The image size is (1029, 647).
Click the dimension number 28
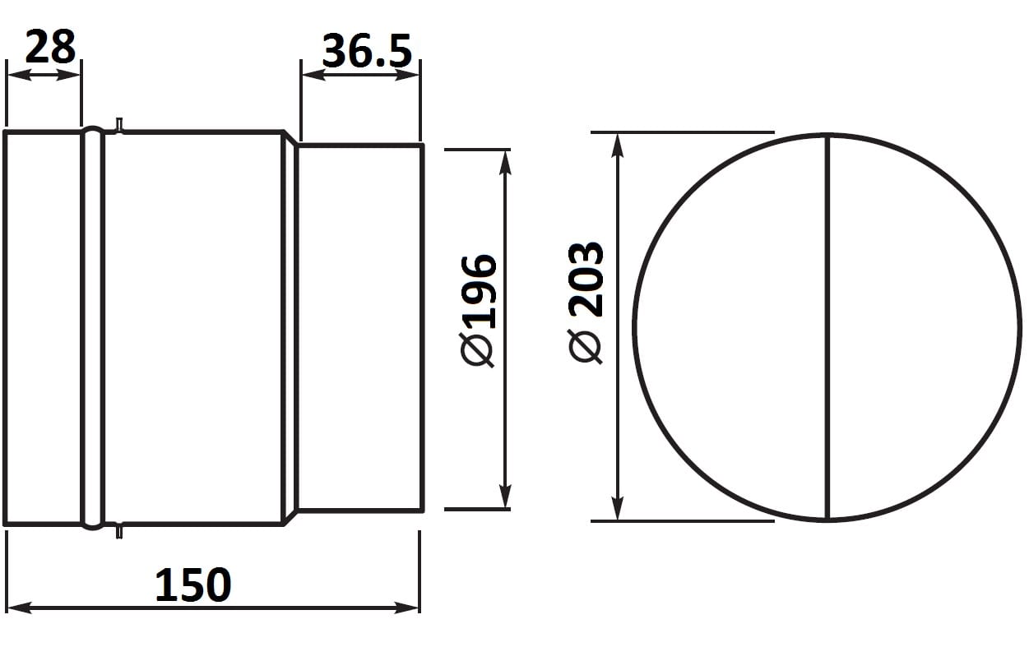[x=50, y=47]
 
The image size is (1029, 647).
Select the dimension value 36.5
[x=367, y=51]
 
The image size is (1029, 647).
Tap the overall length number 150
[x=193, y=585]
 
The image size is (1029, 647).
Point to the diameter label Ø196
[x=478, y=311]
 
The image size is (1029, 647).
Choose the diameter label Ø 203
[x=586, y=303]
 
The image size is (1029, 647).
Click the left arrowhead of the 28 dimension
[x=19, y=75]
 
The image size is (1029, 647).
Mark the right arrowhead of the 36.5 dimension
[x=406, y=75]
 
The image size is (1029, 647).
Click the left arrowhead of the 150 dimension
[x=19, y=608]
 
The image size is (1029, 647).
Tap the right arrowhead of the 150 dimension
[x=406, y=608]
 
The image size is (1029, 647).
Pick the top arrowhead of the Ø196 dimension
[x=505, y=163]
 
